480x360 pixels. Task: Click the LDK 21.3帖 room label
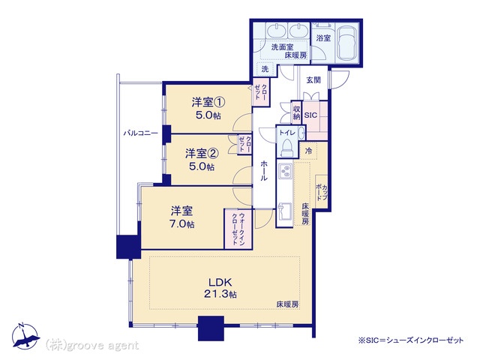(220, 288)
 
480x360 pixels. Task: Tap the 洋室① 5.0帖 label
(208, 108)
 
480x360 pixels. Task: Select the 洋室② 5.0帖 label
(202, 160)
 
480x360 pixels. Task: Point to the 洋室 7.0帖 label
(181, 217)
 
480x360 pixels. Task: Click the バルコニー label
(140, 133)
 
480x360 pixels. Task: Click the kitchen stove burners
(285, 172)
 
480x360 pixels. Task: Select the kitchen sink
(285, 212)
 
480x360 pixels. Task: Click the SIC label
(310, 115)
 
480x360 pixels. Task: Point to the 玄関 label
(313, 80)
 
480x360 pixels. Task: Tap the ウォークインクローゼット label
(238, 228)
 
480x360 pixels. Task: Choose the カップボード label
(322, 192)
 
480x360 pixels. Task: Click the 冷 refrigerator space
(309, 151)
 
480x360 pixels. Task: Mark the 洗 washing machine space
(265, 69)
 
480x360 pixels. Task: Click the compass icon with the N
(25, 337)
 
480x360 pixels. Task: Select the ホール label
(264, 171)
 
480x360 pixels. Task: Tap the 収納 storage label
(296, 112)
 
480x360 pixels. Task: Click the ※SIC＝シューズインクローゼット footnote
(411, 340)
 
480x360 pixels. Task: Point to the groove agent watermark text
(92, 346)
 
